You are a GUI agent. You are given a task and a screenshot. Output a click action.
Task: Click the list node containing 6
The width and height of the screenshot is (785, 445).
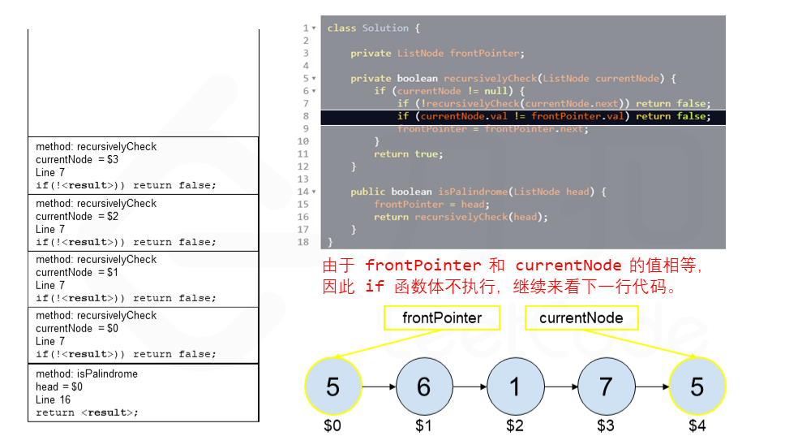point(423,387)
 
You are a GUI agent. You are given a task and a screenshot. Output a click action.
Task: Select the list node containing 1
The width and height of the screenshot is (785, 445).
point(514,387)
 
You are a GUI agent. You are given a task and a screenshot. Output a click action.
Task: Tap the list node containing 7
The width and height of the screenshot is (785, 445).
point(606,387)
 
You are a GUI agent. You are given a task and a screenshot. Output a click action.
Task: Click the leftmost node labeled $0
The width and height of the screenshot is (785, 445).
point(332,387)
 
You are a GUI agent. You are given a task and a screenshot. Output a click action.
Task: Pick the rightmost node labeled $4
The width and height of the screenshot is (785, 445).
point(697,387)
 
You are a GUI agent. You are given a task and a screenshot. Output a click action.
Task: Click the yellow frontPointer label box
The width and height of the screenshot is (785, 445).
point(442,318)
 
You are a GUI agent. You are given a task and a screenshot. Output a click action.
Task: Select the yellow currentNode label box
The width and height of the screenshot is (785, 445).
point(581,318)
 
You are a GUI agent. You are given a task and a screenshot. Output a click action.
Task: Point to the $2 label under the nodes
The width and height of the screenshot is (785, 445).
point(514,426)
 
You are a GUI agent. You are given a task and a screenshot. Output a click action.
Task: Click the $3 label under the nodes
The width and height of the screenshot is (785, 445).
point(606,426)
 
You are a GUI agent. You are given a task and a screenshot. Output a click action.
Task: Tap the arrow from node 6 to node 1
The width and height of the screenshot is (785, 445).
point(469,387)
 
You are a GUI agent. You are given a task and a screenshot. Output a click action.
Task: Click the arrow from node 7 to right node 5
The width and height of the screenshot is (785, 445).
point(651,387)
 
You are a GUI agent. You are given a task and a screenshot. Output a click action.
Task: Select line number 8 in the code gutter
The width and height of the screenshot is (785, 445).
point(306,116)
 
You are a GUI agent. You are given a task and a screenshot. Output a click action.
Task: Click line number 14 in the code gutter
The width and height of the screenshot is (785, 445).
point(303,192)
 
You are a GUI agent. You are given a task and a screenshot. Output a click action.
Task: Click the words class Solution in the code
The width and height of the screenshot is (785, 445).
point(368,28)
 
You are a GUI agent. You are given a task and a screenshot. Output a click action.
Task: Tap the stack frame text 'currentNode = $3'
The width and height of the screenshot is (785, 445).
point(77,160)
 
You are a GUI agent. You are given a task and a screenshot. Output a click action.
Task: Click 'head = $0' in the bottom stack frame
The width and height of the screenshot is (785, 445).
point(59,387)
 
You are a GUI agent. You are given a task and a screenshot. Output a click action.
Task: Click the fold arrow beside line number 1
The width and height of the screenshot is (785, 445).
point(314,28)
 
